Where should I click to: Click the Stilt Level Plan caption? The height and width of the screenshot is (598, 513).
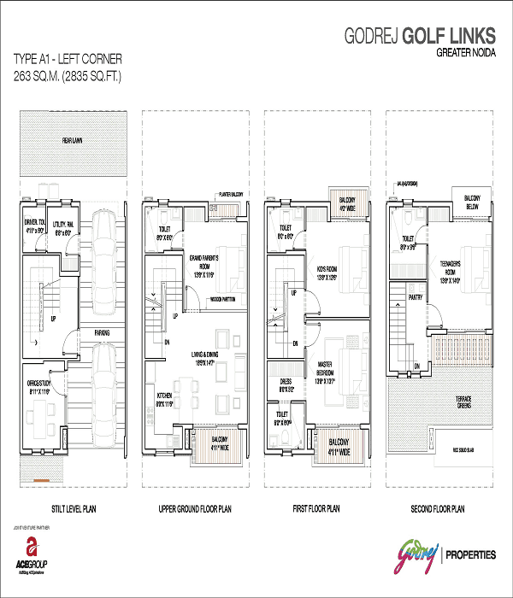click(x=69, y=509)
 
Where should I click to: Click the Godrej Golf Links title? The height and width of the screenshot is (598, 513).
click(x=418, y=36)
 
